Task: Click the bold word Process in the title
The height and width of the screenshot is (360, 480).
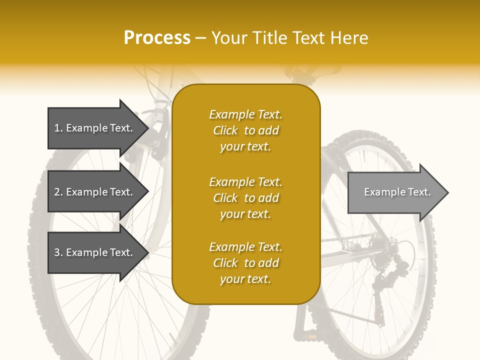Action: pos(157,38)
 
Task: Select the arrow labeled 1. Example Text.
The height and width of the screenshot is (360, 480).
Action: pos(95,128)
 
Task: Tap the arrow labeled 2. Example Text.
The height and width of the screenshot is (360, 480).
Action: pos(95,192)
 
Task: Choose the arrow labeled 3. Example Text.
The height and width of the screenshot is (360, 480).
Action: pos(95,252)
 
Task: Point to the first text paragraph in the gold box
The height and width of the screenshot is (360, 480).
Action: pos(245,130)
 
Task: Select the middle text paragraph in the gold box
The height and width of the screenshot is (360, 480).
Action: pos(245,198)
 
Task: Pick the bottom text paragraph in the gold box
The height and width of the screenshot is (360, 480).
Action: pos(245,263)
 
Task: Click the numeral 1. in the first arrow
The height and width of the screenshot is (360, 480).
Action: pos(58,128)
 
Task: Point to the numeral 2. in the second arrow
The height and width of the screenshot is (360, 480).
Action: pos(58,192)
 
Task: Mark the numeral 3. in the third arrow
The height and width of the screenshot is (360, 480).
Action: pos(58,252)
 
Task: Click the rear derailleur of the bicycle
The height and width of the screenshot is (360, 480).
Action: pos(392,270)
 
